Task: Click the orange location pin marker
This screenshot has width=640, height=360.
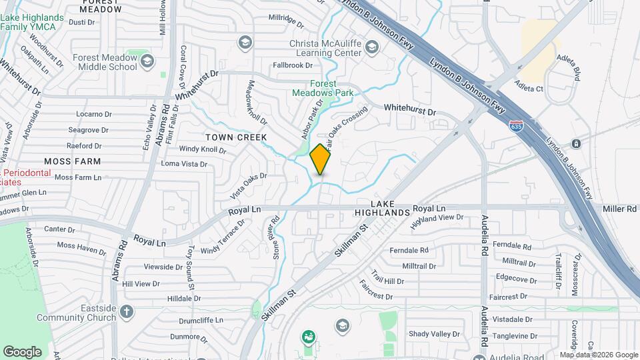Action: coord(320,159)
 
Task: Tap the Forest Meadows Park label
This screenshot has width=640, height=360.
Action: coord(323,89)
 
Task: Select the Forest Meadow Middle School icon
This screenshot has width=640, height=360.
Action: coord(147,62)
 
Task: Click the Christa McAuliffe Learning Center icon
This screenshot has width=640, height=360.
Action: coord(371,47)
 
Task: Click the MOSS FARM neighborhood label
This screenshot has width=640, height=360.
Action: coord(73,161)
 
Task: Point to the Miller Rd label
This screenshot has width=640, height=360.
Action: coord(620,209)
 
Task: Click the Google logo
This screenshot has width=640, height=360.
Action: coord(22,351)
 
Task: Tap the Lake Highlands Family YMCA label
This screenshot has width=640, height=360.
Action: coord(32,22)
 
